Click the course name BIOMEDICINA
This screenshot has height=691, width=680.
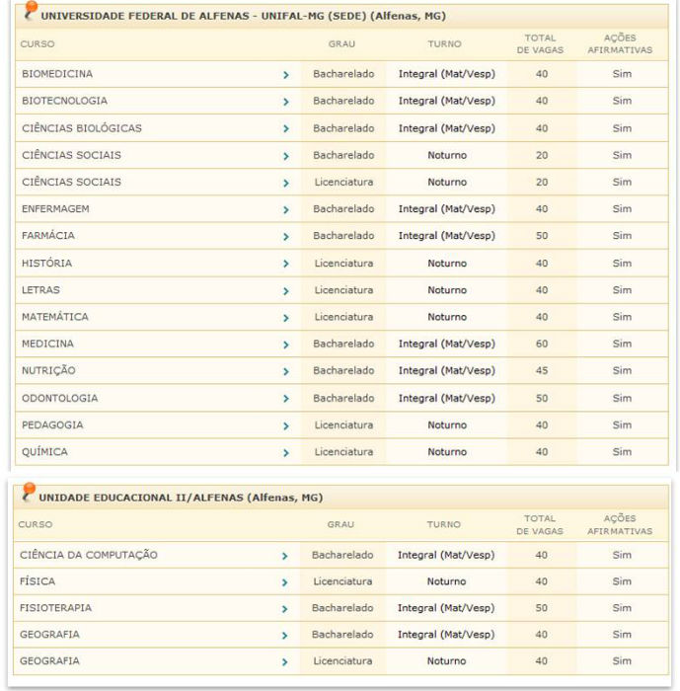[57, 74]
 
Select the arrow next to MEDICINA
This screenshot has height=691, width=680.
[285, 345]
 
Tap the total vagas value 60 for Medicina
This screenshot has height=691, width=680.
[541, 344]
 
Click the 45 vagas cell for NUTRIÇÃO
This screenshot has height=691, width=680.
[541, 371]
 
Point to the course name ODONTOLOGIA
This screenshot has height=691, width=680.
[60, 398]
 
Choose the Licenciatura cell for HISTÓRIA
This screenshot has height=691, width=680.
[343, 264]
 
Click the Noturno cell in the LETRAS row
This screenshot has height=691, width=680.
[447, 290]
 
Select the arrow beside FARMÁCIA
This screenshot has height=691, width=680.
[285, 237]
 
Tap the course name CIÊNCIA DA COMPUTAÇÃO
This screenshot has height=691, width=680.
[90, 555]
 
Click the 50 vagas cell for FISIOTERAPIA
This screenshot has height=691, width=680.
[541, 608]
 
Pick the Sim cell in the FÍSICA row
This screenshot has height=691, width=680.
[622, 581]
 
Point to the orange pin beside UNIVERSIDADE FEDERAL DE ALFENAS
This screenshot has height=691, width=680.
[31, 11]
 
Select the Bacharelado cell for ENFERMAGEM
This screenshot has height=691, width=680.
[343, 209]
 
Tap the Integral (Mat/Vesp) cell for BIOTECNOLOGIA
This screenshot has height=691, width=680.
[447, 101]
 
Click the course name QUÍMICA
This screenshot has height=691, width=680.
[45, 452]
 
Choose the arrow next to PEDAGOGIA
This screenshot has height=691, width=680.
[285, 425]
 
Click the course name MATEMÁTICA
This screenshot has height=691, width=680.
[55, 317]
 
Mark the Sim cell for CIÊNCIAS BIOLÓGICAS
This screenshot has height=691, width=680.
[622, 128]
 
